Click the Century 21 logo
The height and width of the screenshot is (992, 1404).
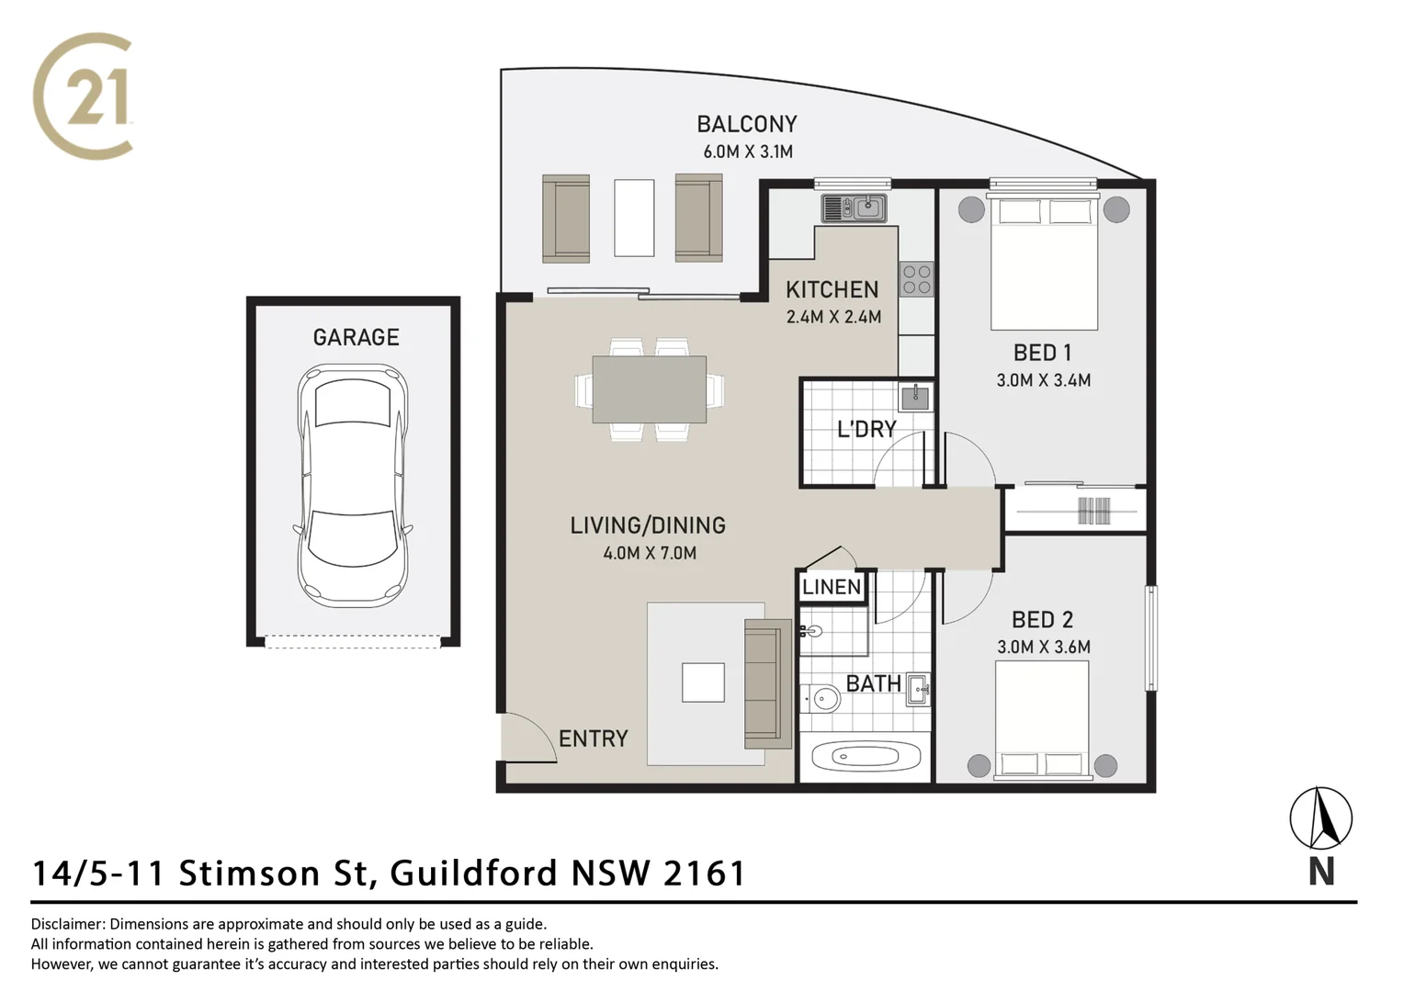click(84, 96)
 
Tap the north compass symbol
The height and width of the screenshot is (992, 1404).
click(1320, 817)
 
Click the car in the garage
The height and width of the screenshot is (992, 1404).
click(353, 484)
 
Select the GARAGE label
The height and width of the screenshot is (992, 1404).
click(356, 338)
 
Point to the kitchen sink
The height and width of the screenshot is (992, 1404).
click(855, 209)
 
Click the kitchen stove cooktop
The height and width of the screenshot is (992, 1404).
click(916, 279)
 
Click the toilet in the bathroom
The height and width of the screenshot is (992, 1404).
click(821, 701)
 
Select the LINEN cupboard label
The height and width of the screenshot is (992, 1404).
click(832, 588)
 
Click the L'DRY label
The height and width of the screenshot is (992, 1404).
click(866, 430)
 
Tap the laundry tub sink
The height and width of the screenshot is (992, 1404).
click(914, 398)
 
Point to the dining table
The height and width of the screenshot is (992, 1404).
click(650, 389)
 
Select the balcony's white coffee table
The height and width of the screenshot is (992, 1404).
click(634, 218)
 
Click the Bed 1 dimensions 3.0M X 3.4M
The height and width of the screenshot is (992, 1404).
click(1043, 380)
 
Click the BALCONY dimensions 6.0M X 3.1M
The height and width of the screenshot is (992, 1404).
click(747, 152)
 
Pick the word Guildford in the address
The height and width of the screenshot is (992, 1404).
click(474, 873)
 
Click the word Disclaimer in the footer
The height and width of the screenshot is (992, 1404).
click(70, 924)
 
